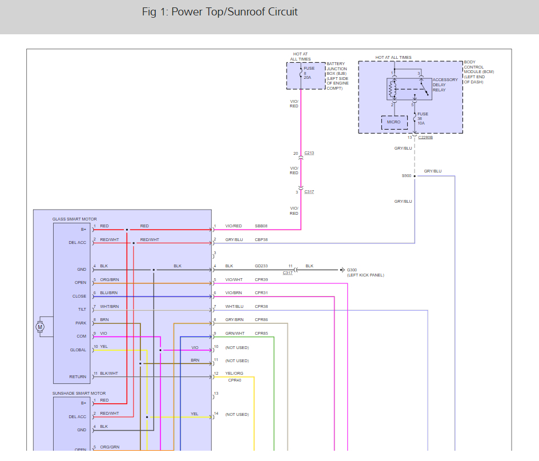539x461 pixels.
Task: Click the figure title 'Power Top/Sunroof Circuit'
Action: click(x=235, y=11)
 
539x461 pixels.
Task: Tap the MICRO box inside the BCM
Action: click(x=395, y=122)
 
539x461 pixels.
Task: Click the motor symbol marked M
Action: click(x=40, y=327)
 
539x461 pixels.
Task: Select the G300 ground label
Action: click(x=352, y=270)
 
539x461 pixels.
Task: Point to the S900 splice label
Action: click(x=407, y=176)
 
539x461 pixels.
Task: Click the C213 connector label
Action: click(x=309, y=153)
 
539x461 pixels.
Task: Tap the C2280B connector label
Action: click(x=425, y=138)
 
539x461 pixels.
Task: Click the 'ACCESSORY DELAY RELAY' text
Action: click(x=445, y=85)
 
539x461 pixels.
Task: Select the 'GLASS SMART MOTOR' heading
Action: click(x=75, y=219)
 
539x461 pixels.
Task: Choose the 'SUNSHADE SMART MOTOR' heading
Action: click(x=79, y=393)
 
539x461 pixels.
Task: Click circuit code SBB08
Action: click(x=262, y=226)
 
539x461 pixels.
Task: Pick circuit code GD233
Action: click(x=262, y=266)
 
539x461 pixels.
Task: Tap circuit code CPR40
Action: click(x=235, y=380)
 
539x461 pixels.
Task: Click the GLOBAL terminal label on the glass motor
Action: click(x=78, y=350)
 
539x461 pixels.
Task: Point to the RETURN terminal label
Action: click(x=78, y=376)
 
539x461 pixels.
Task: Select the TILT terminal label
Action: click(x=82, y=309)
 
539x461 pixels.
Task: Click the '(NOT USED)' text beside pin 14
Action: click(x=237, y=415)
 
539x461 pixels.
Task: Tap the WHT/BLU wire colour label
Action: click(x=235, y=307)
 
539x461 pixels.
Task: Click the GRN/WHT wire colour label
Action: click(x=235, y=334)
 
